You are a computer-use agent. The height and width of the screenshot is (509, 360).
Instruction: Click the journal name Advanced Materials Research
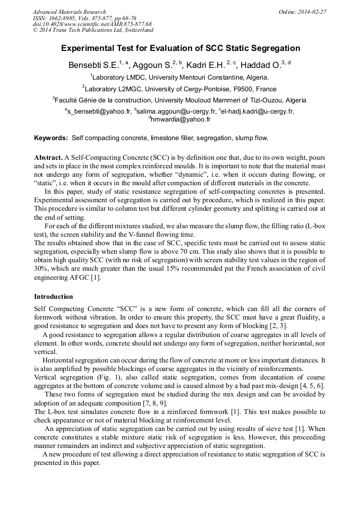(x=69, y=12)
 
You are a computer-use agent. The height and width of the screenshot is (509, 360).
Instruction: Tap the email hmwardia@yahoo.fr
(x=181, y=120)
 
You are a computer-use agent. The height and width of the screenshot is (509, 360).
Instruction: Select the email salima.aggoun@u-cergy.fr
(x=176, y=111)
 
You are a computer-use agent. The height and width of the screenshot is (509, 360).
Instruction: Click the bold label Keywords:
(x=51, y=138)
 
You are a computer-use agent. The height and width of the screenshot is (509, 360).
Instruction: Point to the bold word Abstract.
(x=48, y=158)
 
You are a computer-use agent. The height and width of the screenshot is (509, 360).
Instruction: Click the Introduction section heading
(x=54, y=296)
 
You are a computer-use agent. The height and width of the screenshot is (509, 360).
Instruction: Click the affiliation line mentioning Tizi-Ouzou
(x=179, y=100)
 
